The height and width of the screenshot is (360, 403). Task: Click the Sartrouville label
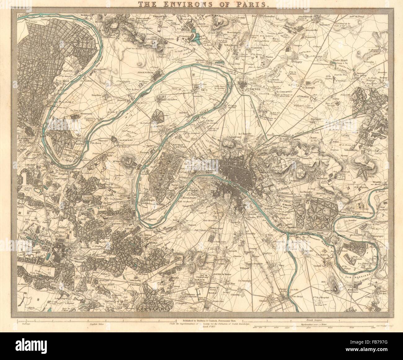click(99, 69)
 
